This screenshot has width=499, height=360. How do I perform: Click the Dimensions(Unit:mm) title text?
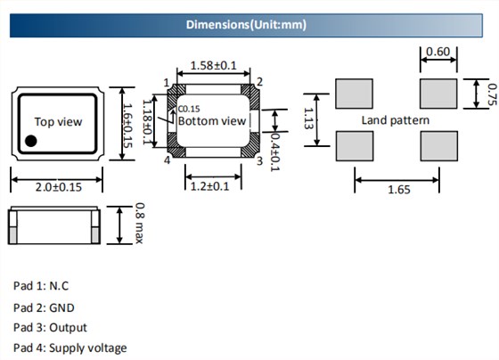(x=246, y=25)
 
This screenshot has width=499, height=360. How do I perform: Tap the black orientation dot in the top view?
(x=31, y=141)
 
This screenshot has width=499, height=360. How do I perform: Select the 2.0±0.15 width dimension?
(x=59, y=187)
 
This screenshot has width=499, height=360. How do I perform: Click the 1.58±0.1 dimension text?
(x=214, y=66)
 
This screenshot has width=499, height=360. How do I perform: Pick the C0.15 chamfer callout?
(x=189, y=109)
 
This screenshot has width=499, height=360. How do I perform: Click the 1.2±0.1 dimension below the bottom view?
(x=209, y=186)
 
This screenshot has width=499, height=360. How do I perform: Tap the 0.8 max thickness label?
(x=139, y=223)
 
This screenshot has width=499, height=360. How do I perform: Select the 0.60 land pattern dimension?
(x=438, y=52)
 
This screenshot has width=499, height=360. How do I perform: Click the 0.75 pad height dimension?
(x=492, y=94)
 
